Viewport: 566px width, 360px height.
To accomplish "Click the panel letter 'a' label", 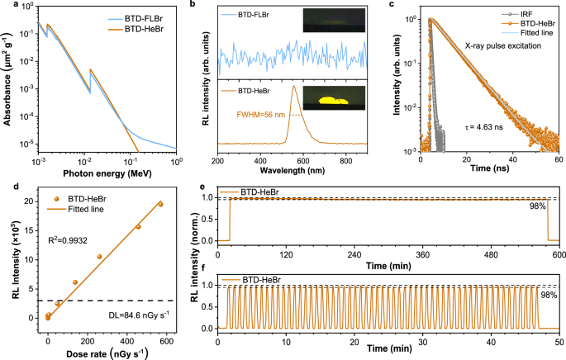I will pos(5,7).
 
